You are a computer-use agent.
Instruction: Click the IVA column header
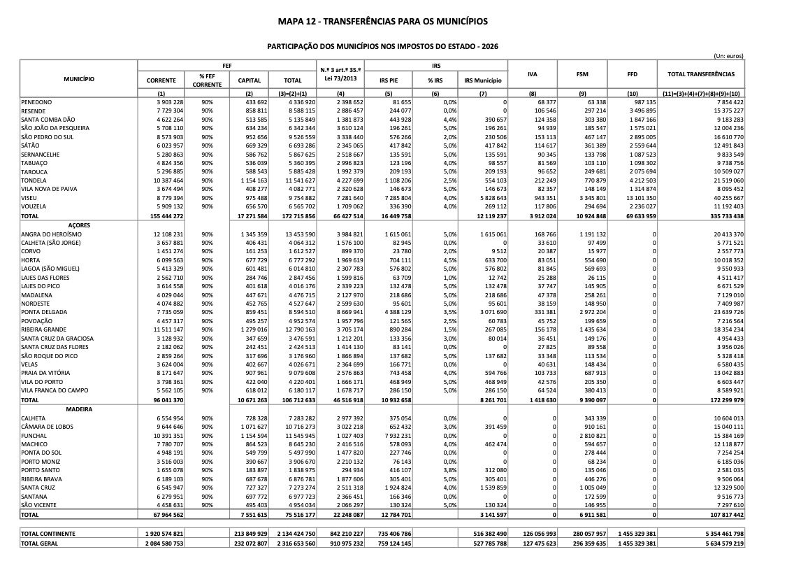[533, 73]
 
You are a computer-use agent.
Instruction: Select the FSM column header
[582, 73]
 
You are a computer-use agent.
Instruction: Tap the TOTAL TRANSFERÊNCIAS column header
[701, 73]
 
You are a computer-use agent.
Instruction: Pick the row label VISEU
[30, 198]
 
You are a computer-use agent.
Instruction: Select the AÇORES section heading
[79, 225]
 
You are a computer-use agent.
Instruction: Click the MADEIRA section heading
[79, 408]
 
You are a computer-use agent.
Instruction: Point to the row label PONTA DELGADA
[45, 312]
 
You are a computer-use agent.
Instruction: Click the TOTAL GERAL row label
[41, 543]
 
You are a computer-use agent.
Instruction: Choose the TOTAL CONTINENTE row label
[48, 534]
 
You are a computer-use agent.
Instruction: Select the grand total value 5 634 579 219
[721, 543]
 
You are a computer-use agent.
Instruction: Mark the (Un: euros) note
[728, 56]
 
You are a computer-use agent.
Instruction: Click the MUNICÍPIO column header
[79, 79]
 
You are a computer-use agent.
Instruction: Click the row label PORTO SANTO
[42, 470]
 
